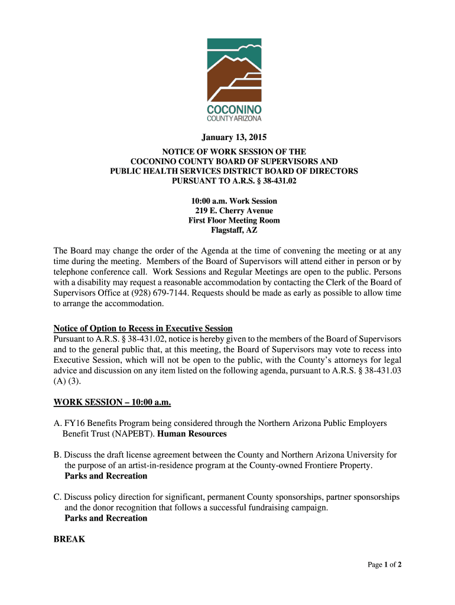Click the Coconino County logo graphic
(234, 80)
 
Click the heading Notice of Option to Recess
(143, 328)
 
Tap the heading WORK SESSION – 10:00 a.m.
(112, 402)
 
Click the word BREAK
(69, 539)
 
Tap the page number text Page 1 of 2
(385, 565)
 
